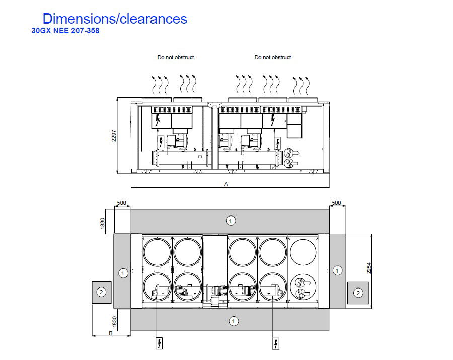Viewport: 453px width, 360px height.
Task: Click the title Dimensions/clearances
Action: click(x=115, y=19)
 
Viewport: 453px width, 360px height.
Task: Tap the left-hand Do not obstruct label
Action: click(x=175, y=57)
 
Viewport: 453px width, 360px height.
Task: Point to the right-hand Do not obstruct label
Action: click(x=272, y=57)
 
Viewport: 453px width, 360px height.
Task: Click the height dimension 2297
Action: click(x=114, y=136)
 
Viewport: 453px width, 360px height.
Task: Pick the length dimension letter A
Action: click(x=226, y=185)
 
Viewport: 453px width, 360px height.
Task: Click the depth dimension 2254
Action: click(x=369, y=268)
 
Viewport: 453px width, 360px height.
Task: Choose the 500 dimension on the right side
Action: click(x=336, y=203)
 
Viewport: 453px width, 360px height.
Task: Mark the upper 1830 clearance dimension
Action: click(x=103, y=222)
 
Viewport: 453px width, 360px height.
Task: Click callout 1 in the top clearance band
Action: click(x=230, y=221)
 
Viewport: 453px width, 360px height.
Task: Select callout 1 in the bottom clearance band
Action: click(x=234, y=321)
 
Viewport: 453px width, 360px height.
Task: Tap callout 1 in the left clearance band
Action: click(x=122, y=273)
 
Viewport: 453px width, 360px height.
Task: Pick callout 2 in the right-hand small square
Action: click(x=358, y=292)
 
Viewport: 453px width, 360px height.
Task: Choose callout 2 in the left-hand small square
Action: click(x=101, y=292)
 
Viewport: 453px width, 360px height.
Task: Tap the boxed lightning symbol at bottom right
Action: click(x=276, y=344)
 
